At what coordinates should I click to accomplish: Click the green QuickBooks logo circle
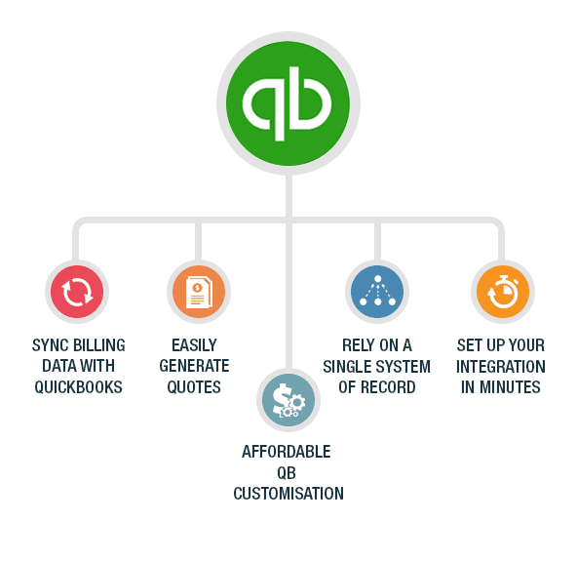point(288,103)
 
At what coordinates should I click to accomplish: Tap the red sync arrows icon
point(77,292)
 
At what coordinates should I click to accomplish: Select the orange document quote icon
point(199,292)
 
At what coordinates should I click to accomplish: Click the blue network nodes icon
point(377,292)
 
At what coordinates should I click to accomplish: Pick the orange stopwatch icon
point(503,292)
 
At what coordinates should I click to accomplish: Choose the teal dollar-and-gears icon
point(288,400)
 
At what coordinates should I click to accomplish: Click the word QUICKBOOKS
point(78,387)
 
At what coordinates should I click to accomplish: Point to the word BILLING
point(99,345)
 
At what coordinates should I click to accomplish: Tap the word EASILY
point(194,345)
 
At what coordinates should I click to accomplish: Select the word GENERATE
point(194,366)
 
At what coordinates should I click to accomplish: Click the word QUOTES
point(194,387)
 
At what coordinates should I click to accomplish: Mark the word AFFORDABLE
point(287,452)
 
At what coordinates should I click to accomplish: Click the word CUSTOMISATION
point(288,494)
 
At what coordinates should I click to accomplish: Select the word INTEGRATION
point(501,367)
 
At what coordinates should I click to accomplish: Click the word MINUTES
point(510,387)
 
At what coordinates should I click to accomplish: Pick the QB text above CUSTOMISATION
point(287,473)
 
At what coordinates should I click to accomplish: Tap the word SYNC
point(51,345)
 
